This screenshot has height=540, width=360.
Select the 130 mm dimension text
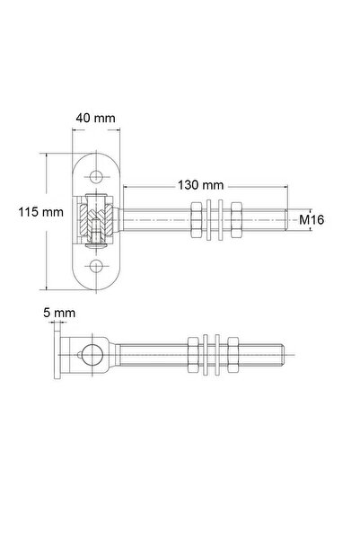[x=200, y=184]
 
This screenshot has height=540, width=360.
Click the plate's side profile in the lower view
[x=60, y=357]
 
